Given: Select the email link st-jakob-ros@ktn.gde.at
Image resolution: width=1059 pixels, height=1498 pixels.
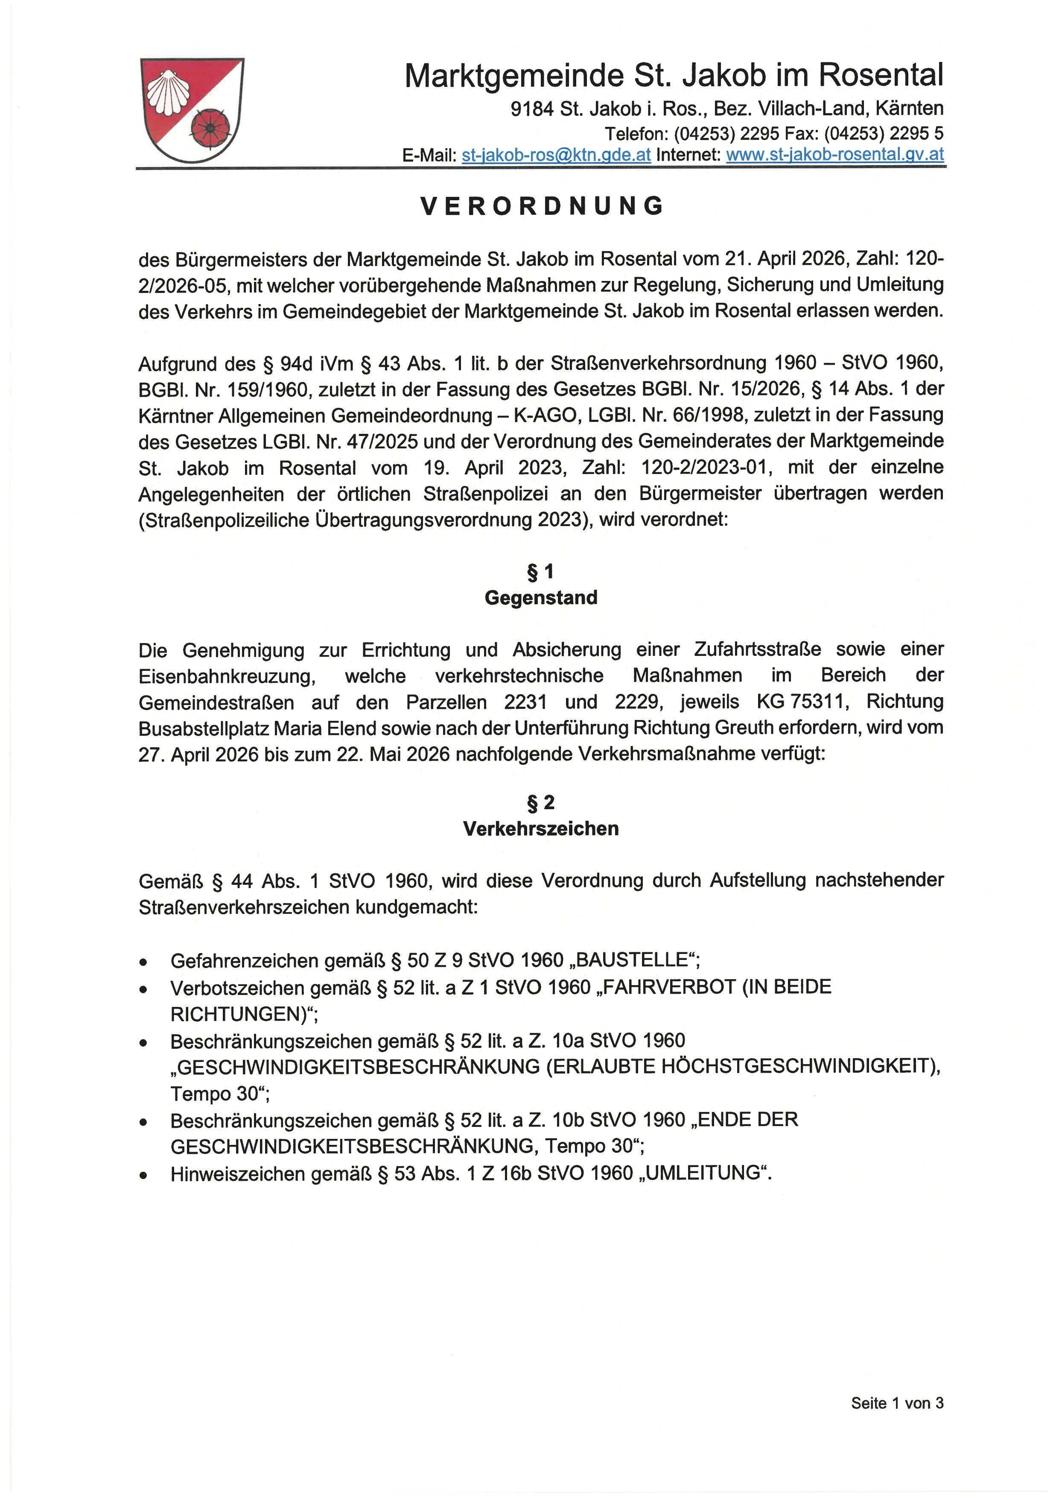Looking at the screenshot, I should coord(556,155).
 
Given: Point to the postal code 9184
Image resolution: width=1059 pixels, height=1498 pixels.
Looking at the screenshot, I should coord(532,109).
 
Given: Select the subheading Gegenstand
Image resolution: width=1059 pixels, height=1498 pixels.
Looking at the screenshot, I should coord(540,598).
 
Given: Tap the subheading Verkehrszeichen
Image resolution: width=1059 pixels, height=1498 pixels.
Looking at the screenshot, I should coord(540,828).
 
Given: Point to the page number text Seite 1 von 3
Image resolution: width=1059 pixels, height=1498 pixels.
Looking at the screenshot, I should coord(897,1403).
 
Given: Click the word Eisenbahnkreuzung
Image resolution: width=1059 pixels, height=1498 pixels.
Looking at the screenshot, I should coord(227,676).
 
